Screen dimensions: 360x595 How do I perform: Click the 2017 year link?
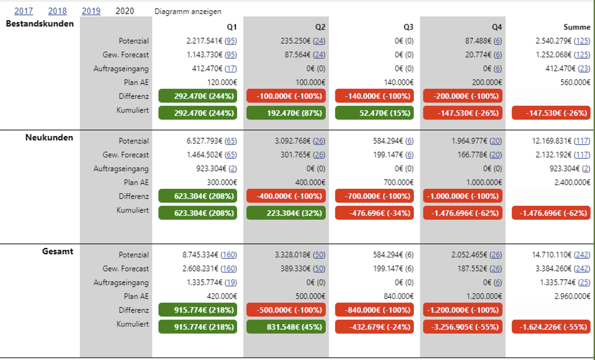[x=23, y=11]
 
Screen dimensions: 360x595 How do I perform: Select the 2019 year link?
[x=91, y=11]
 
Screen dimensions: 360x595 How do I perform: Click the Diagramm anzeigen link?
[x=188, y=11]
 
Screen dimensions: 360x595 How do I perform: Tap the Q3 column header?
[x=408, y=27]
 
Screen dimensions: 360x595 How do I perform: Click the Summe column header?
[x=577, y=27]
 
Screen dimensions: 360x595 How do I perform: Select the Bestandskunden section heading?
[x=40, y=24]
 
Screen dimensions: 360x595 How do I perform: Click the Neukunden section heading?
[x=49, y=137]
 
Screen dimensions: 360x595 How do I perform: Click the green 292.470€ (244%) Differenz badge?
[x=197, y=96]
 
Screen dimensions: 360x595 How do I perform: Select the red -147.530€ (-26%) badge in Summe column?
[x=552, y=113]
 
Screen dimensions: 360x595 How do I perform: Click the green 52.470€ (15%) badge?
[x=374, y=113]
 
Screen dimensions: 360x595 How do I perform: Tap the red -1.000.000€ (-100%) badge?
[x=463, y=196]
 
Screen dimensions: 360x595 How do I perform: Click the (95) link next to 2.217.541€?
[x=230, y=41]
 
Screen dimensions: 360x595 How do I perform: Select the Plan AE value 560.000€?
[x=575, y=82]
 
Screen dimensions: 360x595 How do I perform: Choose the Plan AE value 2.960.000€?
[x=572, y=296]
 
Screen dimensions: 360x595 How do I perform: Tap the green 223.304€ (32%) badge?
[x=286, y=212]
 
